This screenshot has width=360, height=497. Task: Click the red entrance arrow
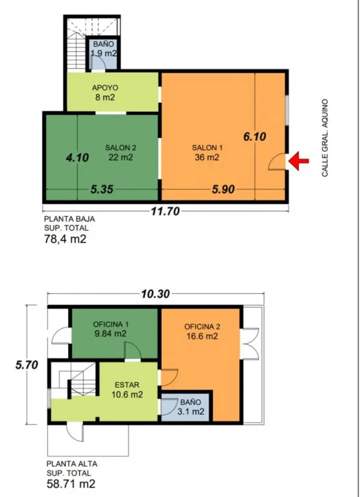click(x=298, y=161)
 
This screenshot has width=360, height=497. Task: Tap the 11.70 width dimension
click(x=165, y=211)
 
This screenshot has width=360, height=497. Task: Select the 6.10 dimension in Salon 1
click(x=254, y=137)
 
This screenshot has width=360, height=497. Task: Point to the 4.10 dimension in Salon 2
click(x=77, y=157)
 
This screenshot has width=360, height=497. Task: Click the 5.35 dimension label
click(x=102, y=189)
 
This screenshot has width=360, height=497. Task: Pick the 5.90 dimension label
click(x=223, y=189)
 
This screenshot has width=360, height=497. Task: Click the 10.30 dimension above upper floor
click(x=155, y=294)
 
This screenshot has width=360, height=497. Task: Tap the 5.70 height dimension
click(x=27, y=365)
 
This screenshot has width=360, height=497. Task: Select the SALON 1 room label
click(x=207, y=148)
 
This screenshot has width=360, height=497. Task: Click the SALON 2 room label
click(x=121, y=148)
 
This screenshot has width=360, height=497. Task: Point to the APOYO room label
click(x=105, y=88)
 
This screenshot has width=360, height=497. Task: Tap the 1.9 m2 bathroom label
click(x=104, y=54)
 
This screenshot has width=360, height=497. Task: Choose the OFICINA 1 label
click(x=111, y=324)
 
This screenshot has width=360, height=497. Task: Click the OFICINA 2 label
click(x=203, y=327)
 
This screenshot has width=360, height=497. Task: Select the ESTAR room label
click(x=127, y=385)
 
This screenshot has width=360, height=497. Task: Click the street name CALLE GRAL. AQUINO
click(x=325, y=138)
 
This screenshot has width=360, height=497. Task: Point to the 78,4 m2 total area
click(x=65, y=239)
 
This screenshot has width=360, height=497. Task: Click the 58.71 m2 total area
click(x=71, y=484)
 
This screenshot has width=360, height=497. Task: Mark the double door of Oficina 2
click(x=251, y=343)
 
